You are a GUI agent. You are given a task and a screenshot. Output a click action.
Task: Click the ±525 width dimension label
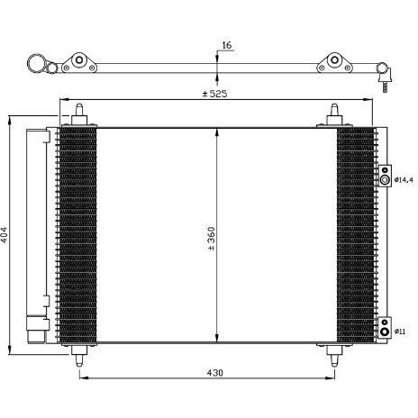pyautogui.click(x=215, y=94)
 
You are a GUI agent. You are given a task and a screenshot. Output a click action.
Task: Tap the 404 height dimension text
pyautogui.click(x=5, y=235)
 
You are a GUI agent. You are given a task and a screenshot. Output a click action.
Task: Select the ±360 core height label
pyautogui.click(x=212, y=239)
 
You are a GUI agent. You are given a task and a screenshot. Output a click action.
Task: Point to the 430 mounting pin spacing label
pyautogui.click(x=215, y=373)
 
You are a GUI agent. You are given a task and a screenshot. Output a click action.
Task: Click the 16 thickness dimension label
pyautogui.click(x=227, y=45)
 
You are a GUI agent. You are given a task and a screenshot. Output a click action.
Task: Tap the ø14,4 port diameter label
pyautogui.click(x=404, y=180)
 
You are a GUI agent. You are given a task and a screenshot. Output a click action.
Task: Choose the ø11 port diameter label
pyautogui.click(x=400, y=332)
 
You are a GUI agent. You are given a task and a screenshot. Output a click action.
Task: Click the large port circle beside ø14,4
pyautogui.click(x=385, y=180)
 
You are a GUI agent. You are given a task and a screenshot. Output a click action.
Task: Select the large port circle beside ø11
pyautogui.click(x=385, y=332)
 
